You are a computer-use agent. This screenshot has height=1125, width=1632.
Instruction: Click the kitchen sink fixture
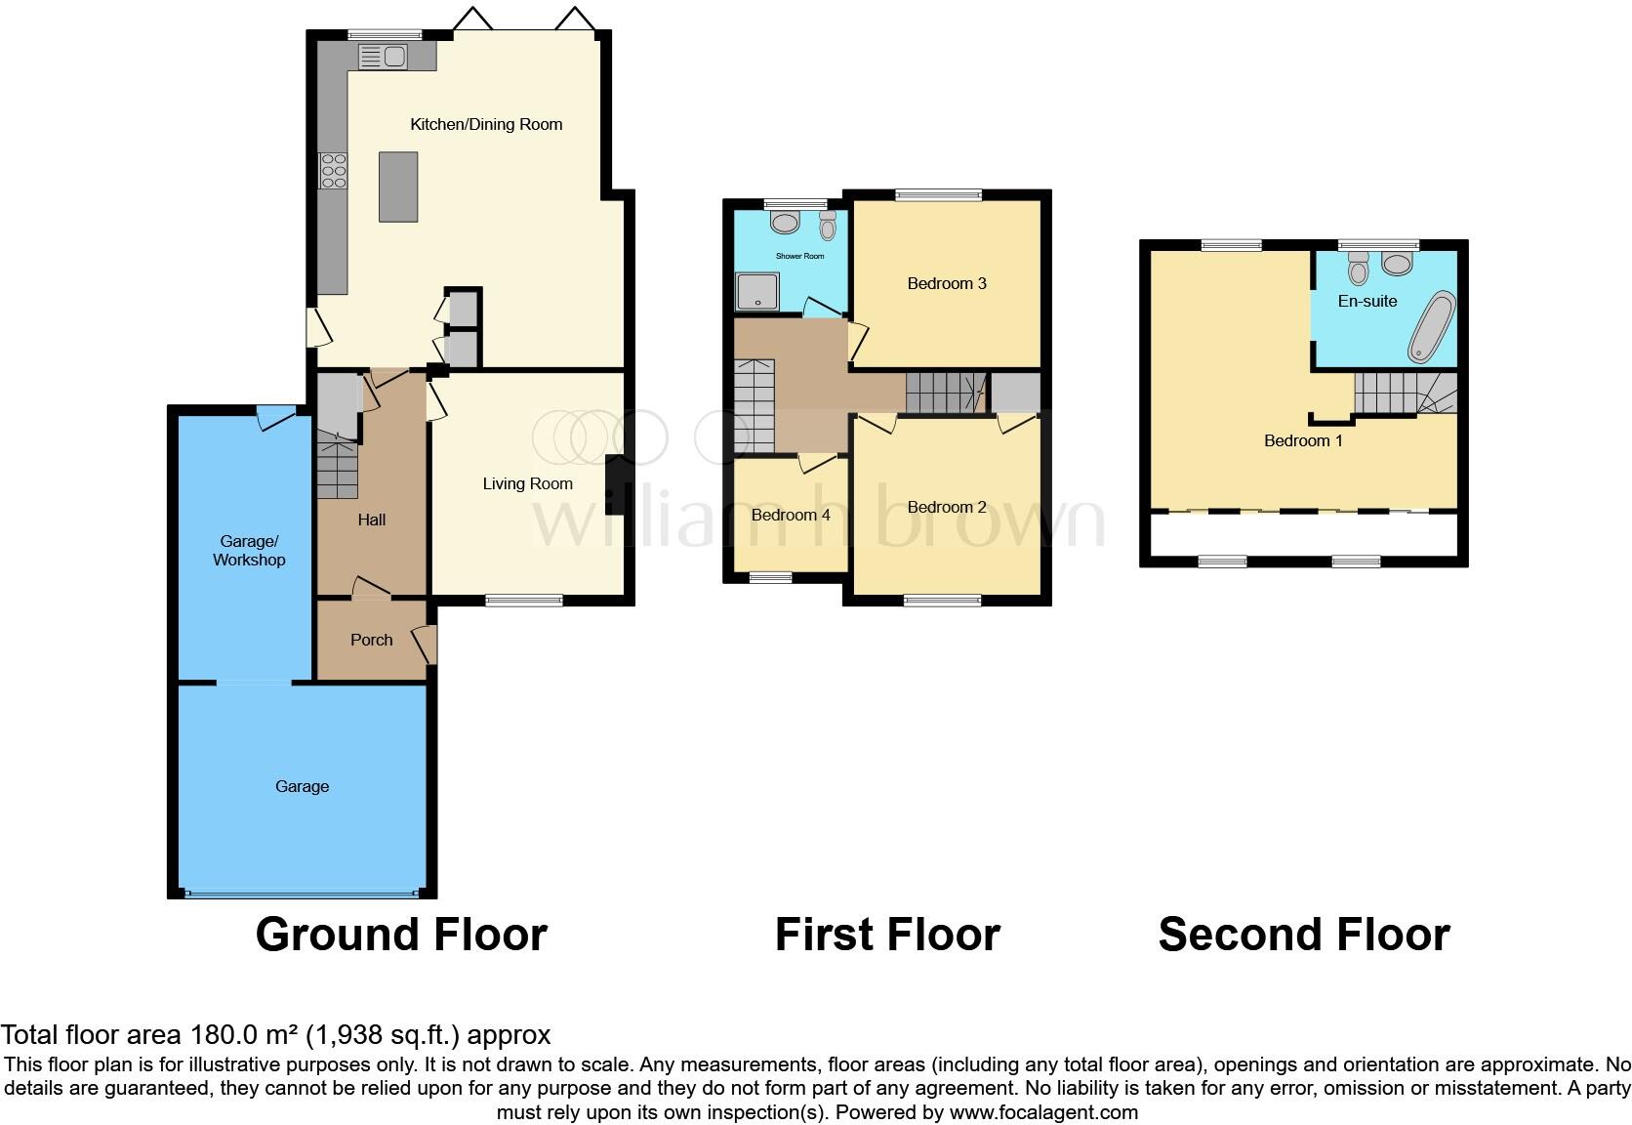point(384,58)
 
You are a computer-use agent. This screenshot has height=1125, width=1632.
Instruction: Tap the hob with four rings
point(334,171)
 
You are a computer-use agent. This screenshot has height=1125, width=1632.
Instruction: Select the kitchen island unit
point(398,187)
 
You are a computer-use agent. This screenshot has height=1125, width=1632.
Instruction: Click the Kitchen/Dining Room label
point(486,124)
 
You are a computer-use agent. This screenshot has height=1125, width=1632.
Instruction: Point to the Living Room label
point(527,483)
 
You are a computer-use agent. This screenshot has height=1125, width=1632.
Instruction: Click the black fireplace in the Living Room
point(615,485)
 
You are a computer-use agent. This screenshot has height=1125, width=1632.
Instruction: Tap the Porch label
point(371,640)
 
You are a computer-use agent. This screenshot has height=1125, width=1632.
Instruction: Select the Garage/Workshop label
point(249,551)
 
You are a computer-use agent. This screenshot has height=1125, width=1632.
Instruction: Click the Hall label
point(371,520)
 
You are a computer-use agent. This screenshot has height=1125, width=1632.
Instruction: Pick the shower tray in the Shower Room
point(757,291)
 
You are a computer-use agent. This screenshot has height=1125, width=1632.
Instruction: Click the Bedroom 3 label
point(947,283)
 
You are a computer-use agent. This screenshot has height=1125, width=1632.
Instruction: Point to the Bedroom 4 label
point(791,515)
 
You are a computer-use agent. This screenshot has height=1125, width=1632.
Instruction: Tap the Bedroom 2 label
point(947,507)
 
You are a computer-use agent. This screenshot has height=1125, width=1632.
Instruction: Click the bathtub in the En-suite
point(1431,326)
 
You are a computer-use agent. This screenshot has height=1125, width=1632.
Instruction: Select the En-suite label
point(1367,301)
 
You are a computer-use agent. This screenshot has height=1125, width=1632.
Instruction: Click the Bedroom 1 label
point(1303,440)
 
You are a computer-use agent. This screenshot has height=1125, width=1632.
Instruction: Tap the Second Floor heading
point(1303,935)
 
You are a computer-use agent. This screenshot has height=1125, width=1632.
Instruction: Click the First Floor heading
point(887,935)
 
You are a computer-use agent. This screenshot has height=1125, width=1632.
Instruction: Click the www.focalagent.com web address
point(1042,1112)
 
